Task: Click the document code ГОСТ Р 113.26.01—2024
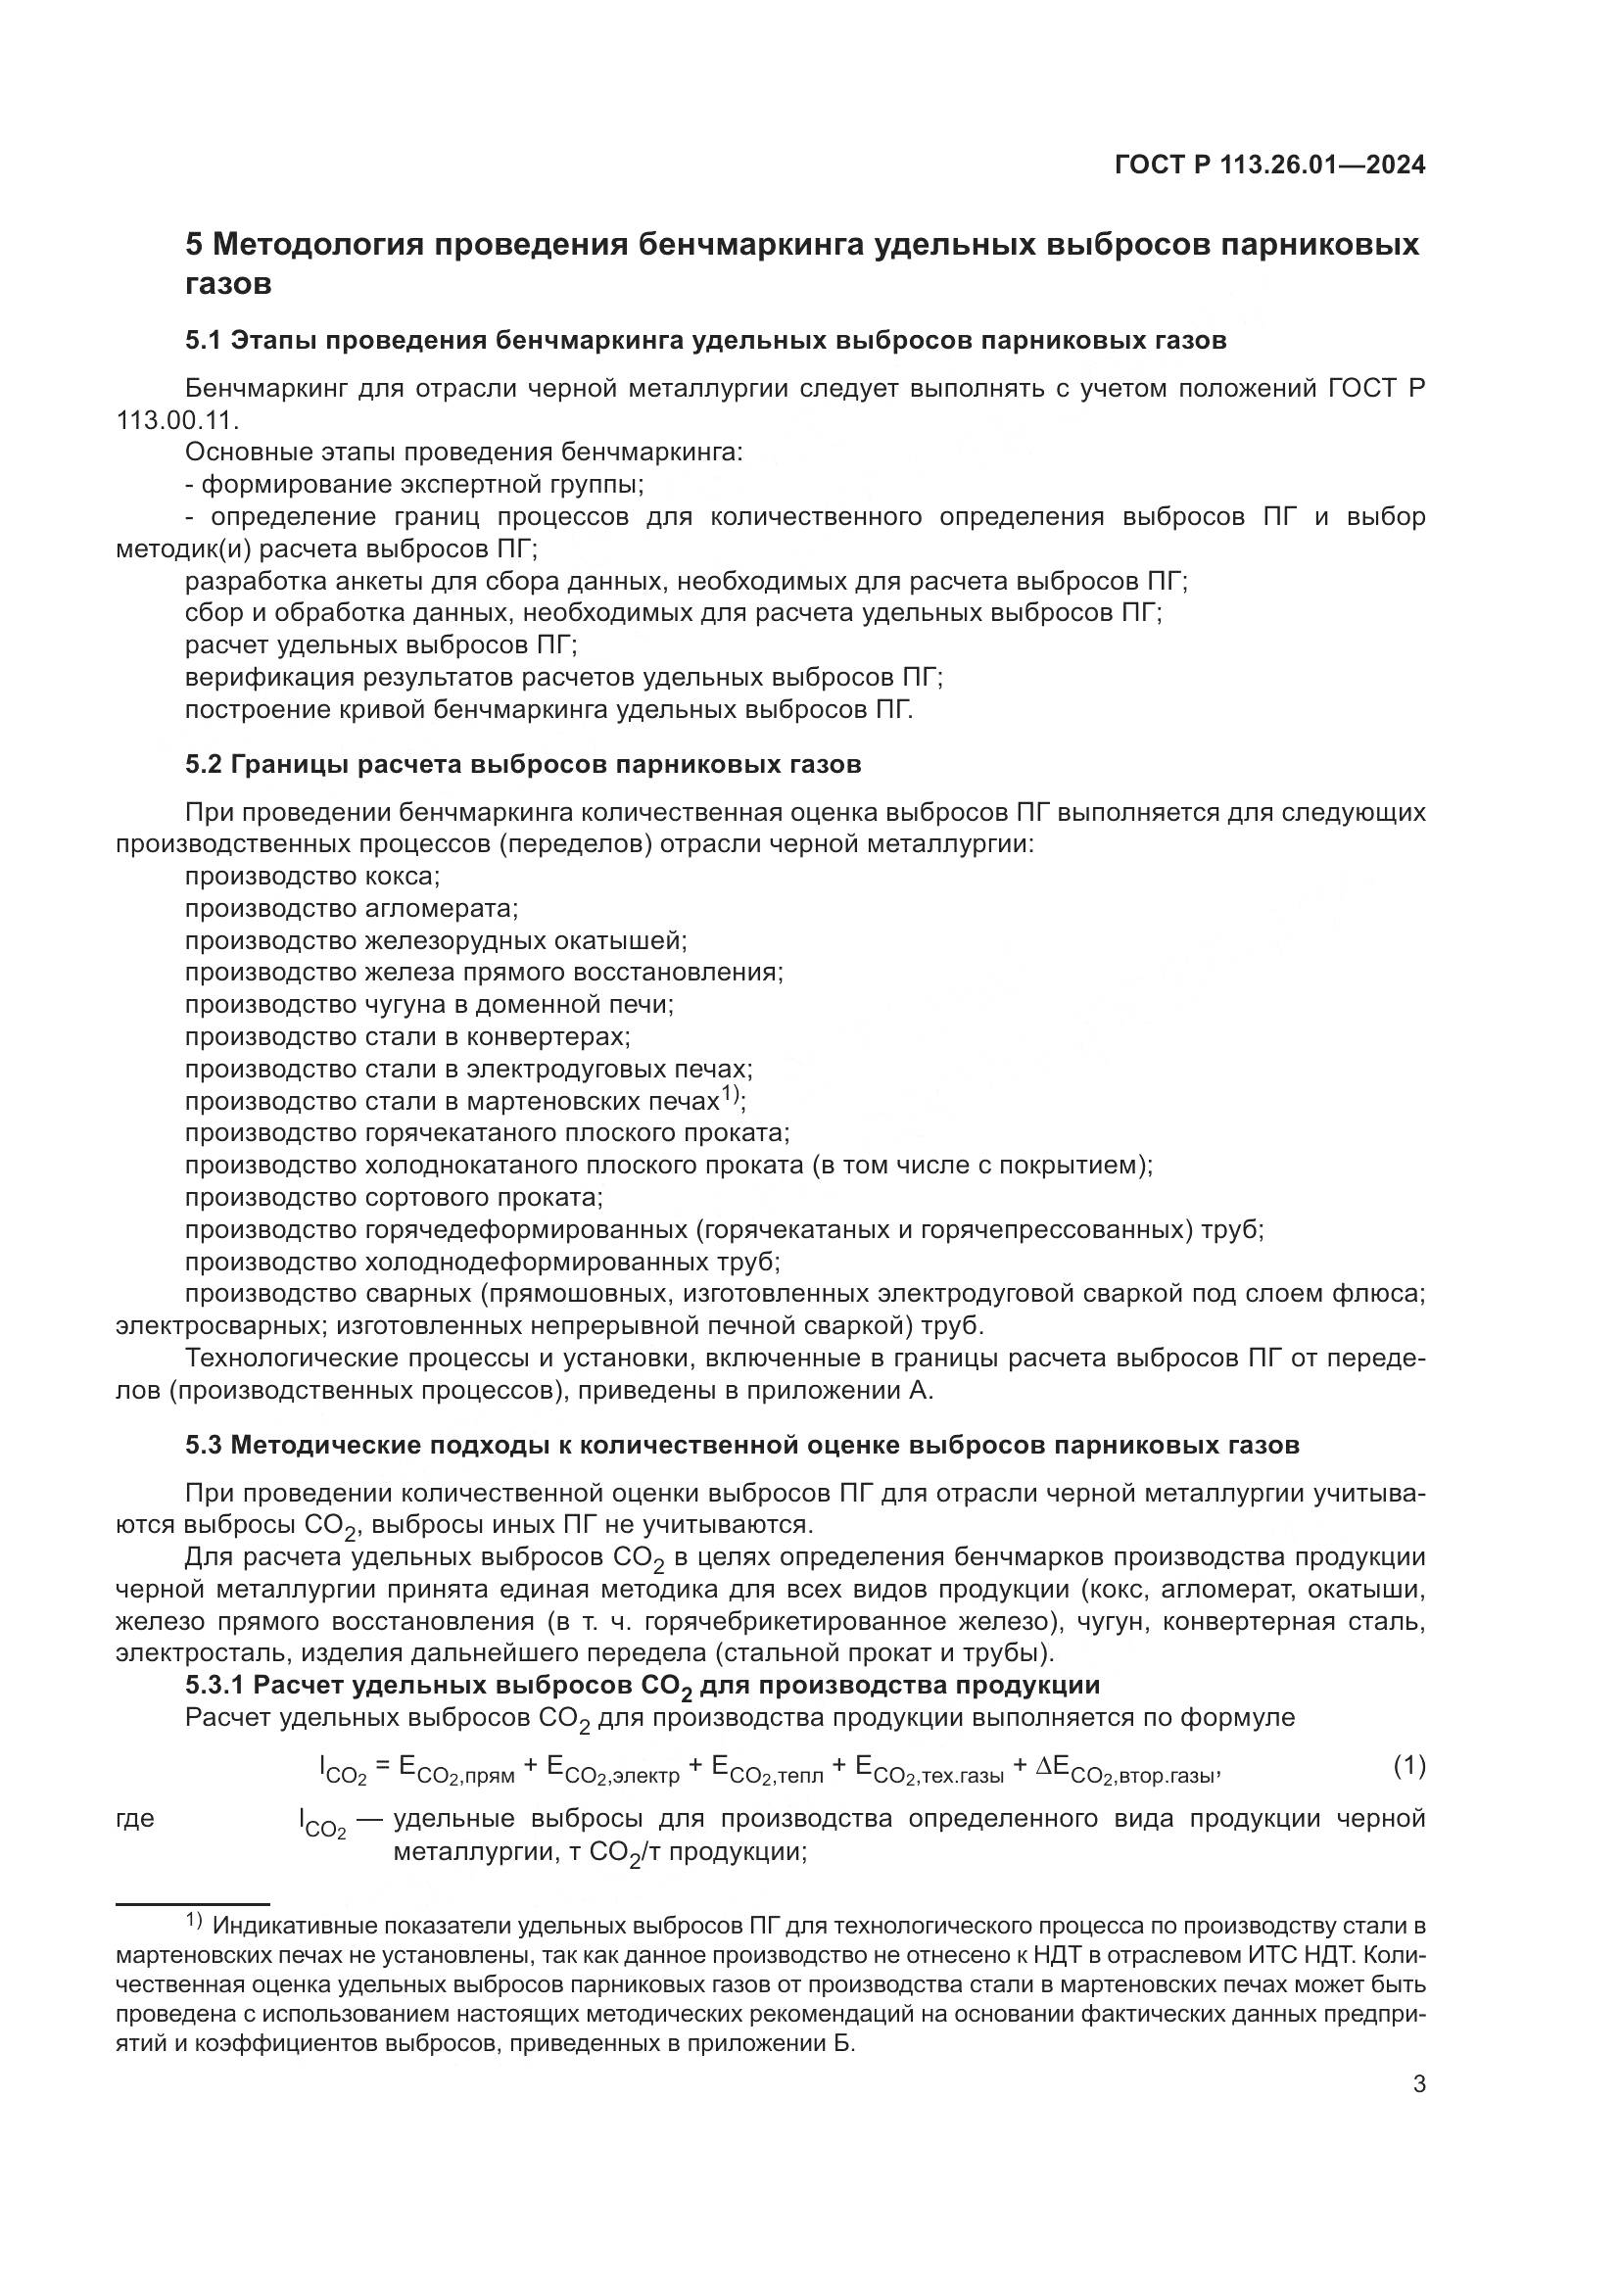1268,165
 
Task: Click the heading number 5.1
204,341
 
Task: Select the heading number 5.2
204,765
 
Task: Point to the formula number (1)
1408,1766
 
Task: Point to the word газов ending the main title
228,285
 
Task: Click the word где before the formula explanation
136,1820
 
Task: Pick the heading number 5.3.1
214,1686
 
